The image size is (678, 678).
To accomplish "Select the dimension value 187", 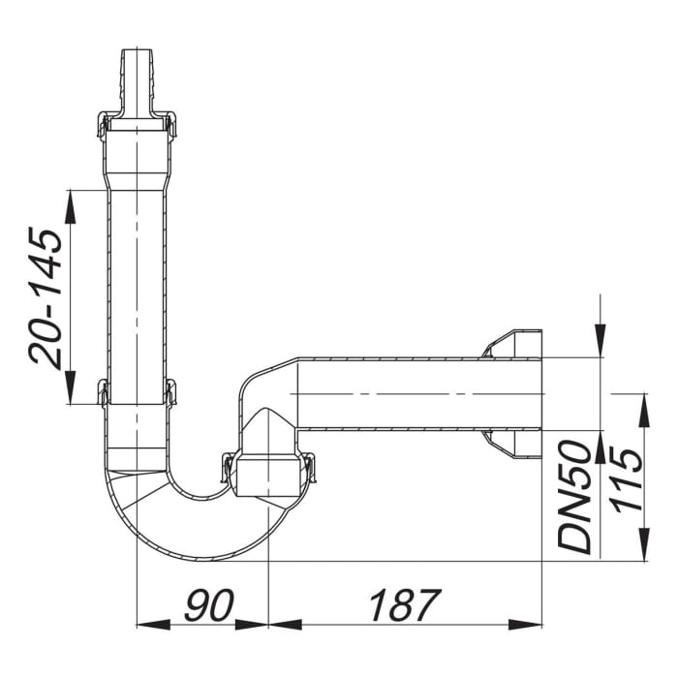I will click(404, 607).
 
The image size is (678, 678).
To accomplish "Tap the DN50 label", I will click(577, 496).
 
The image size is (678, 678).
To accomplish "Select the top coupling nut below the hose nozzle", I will click(137, 126).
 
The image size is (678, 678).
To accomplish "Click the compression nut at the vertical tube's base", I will click(137, 392).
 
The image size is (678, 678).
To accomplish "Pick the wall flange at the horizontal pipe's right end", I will click(513, 394).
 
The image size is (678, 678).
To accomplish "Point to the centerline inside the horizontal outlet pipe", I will click(416, 394).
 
